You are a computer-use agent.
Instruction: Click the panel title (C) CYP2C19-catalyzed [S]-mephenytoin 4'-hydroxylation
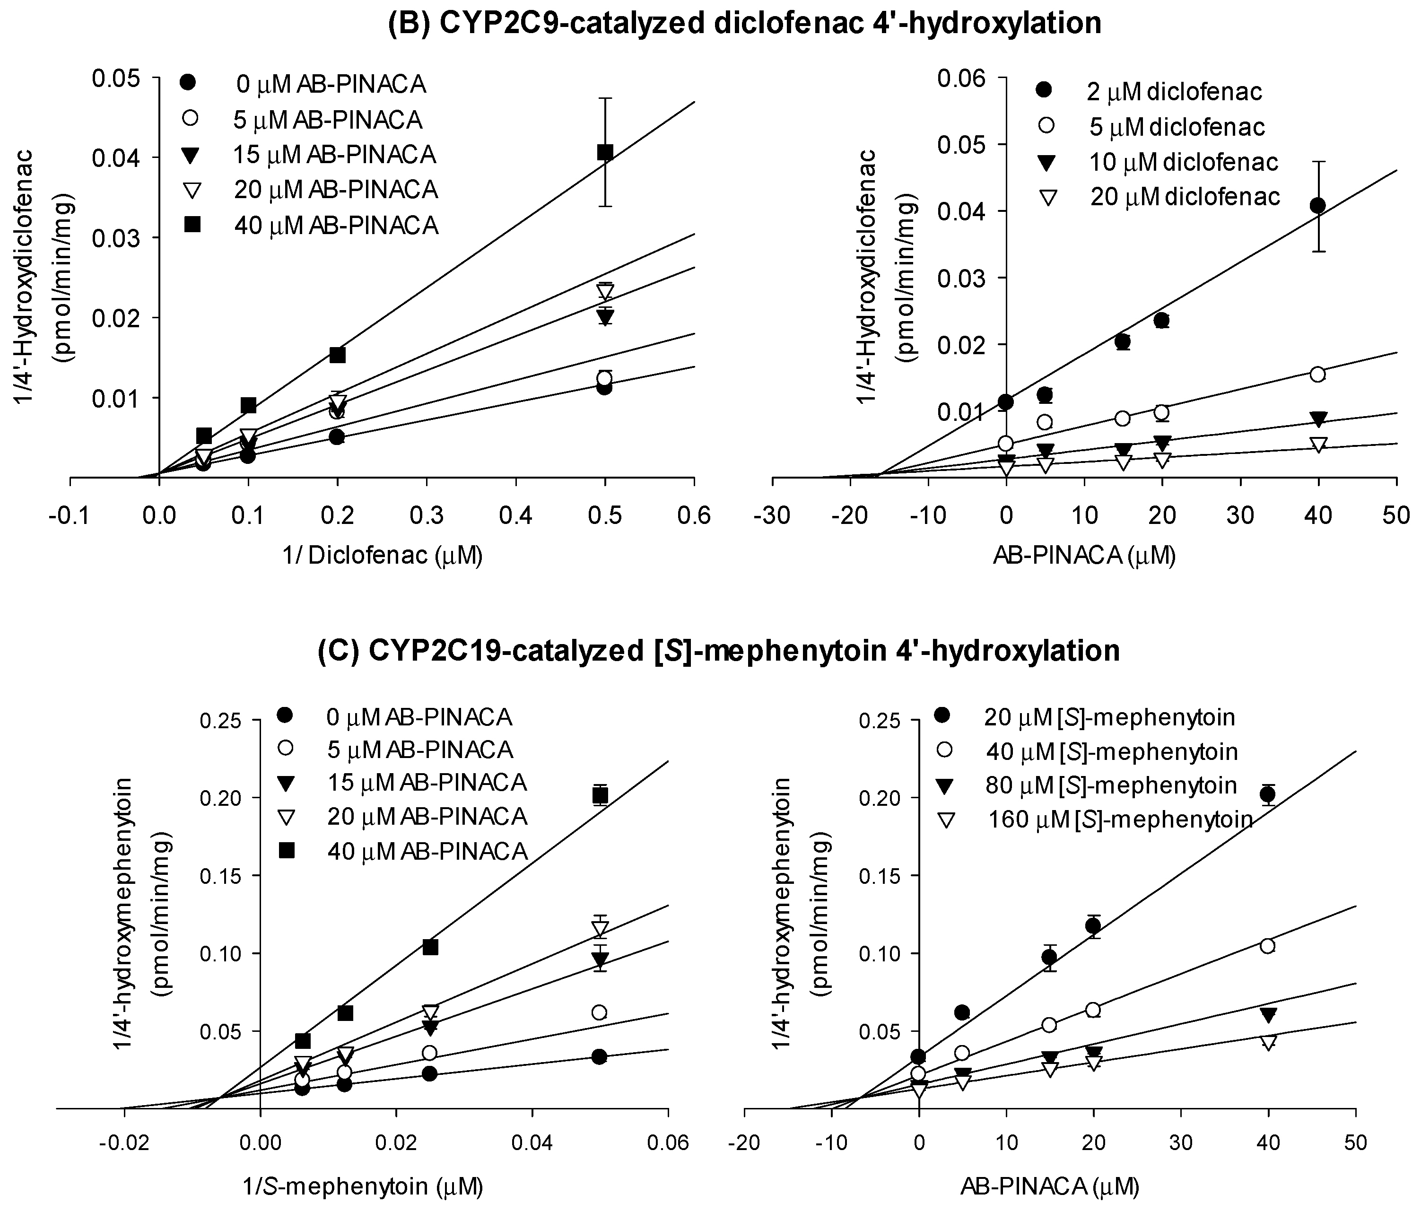click(x=718, y=650)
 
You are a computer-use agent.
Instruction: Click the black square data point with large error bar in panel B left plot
click(x=604, y=152)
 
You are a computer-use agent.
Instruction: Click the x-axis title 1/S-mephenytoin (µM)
click(x=363, y=1186)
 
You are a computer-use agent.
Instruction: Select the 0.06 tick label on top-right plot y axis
click(x=960, y=78)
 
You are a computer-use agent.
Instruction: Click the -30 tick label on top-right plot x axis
click(x=772, y=515)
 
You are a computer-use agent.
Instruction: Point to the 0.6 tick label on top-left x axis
click(x=694, y=515)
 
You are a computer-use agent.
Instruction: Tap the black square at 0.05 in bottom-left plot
click(x=600, y=796)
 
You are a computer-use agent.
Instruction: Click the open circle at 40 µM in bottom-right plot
click(x=1267, y=946)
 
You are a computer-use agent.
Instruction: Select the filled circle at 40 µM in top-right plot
click(x=1317, y=205)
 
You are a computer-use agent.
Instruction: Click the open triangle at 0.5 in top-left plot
click(x=604, y=291)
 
